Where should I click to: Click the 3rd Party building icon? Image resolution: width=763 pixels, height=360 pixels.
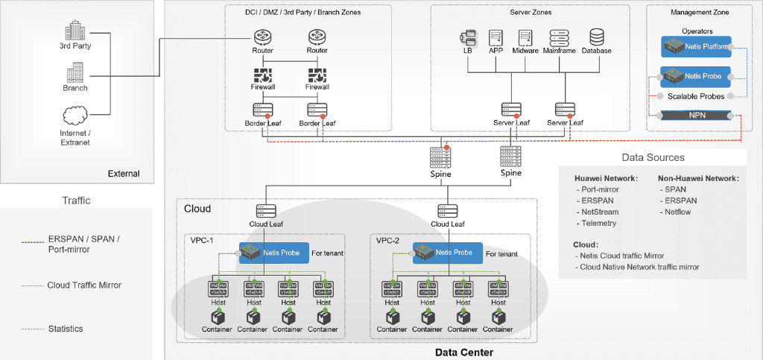[x=75, y=31]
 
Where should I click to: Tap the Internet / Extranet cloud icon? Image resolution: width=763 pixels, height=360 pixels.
[x=75, y=117]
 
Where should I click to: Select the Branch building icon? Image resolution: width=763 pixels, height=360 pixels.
[x=75, y=73]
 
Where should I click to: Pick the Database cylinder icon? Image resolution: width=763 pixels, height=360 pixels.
[x=597, y=37]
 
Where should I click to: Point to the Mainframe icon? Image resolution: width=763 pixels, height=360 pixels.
[x=560, y=37]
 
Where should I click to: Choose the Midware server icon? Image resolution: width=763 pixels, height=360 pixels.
[x=526, y=37]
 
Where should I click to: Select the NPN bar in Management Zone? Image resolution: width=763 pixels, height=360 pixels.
[x=696, y=116]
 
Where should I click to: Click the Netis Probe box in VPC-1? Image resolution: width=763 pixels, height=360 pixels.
[x=270, y=253]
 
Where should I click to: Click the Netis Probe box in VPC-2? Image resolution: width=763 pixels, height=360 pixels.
[x=448, y=253]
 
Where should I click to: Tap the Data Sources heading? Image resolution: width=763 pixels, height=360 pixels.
[x=653, y=157]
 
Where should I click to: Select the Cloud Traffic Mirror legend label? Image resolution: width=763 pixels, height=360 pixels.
[x=84, y=285]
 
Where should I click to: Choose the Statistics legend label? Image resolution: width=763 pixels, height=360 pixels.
[x=65, y=329]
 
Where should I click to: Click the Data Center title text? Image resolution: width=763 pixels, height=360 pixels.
[x=463, y=353]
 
